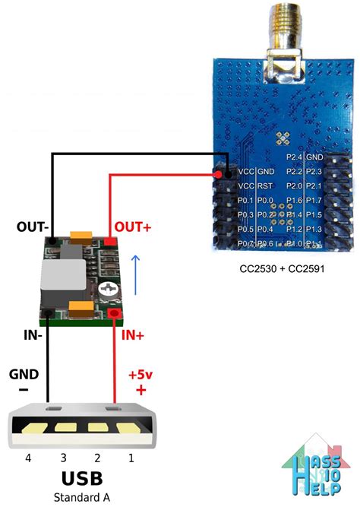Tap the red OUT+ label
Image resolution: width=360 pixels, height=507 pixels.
point(132,227)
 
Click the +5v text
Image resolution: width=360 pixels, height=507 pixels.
point(141,375)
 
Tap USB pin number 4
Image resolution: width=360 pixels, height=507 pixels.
point(28,458)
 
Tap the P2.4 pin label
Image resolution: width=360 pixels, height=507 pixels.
point(295,157)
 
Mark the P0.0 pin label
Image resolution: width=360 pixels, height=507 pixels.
point(265,200)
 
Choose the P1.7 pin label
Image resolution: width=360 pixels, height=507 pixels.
point(314,200)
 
